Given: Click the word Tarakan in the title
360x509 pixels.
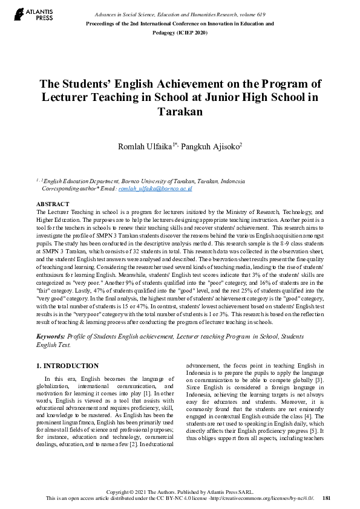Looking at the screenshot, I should (180, 112).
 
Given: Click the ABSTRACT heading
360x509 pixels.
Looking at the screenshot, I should (53, 205).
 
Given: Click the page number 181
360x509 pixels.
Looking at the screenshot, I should (327, 498).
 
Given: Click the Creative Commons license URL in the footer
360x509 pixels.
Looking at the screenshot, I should (266, 498).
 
